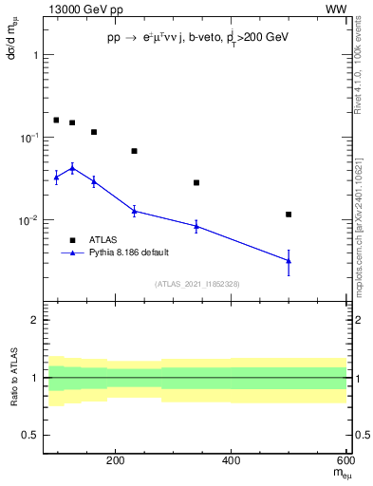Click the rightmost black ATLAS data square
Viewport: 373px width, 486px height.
pos(289,215)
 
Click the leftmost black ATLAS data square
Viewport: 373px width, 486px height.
pos(56,121)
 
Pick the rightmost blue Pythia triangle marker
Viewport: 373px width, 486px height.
pos(289,260)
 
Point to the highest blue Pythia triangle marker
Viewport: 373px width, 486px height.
pos(72,168)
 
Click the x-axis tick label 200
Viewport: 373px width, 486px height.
pos(115,461)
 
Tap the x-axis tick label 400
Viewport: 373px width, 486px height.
pos(232,461)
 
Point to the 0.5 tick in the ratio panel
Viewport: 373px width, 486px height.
pos(31,435)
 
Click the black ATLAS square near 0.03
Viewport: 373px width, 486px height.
pos(196,182)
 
